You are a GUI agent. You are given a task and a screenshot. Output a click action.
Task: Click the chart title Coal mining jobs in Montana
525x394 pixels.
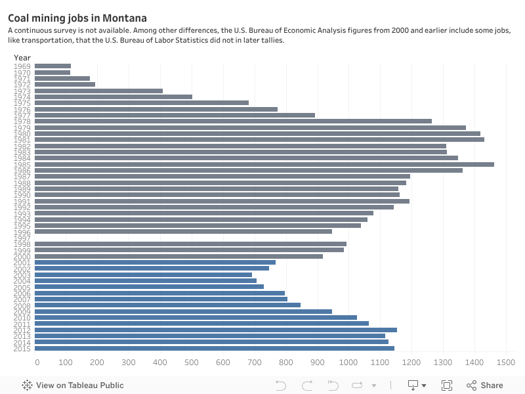coord(77,18)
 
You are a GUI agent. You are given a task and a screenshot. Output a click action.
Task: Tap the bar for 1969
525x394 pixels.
coord(52,66)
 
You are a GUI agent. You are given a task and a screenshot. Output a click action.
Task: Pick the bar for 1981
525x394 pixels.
coord(259,139)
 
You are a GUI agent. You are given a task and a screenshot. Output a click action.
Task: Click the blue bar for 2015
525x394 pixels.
coord(214,348)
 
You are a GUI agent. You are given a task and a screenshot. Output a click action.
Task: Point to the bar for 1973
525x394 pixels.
coord(98,91)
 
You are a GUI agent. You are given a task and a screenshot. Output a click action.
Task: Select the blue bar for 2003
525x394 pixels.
coord(143,274)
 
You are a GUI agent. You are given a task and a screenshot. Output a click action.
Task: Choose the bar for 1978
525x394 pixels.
coord(233,121)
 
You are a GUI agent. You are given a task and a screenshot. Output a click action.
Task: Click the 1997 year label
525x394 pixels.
coord(22,238)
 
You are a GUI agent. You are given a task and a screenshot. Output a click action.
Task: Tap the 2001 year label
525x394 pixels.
coord(22,263)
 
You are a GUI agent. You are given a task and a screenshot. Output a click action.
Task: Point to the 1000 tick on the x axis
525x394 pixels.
coord(348,362)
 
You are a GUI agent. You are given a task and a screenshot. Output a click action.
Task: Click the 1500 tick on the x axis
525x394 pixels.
coord(505,362)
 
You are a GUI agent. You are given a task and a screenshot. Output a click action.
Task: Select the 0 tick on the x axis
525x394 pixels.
coord(37,362)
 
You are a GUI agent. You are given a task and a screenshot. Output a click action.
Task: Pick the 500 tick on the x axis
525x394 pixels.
coord(192,362)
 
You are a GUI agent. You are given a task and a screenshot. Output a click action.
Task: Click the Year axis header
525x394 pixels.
coord(22,57)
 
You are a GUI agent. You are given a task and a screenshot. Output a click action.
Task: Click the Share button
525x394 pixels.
coord(485,385)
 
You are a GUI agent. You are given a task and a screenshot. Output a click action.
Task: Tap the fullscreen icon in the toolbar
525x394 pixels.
coord(447,385)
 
